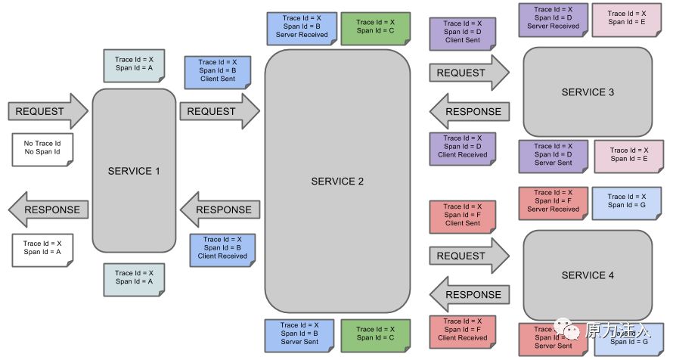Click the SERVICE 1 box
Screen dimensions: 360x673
tap(134, 171)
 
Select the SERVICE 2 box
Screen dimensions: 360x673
tap(337, 182)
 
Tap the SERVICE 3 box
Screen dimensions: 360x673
tap(588, 92)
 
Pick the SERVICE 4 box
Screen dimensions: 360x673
tap(588, 275)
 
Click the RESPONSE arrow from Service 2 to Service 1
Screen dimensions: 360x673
tap(219, 209)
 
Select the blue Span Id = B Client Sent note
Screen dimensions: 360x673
tap(218, 71)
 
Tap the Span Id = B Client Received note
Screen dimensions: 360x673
tap(222, 248)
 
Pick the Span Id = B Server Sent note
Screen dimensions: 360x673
tap(299, 334)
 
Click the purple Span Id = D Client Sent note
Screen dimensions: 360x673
tap(463, 33)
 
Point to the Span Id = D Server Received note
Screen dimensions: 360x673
tap(553, 18)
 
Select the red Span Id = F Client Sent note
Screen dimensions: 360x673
tap(463, 215)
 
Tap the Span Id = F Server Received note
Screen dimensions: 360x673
tap(553, 201)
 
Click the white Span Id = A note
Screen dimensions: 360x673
tap(42, 248)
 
